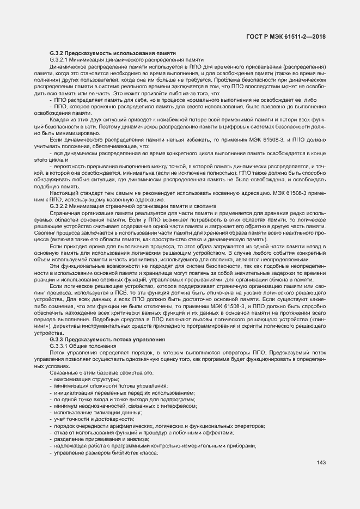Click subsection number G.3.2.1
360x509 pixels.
tap(61, 59)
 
